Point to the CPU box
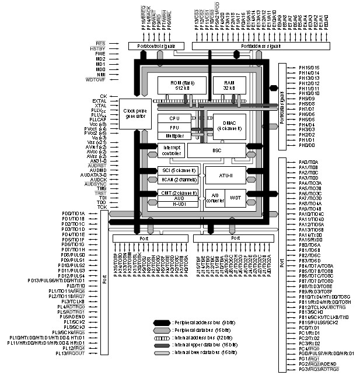coord(174,118)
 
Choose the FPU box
coord(174,127)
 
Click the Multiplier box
coord(174,135)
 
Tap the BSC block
coord(225,150)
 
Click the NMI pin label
coord(100,74)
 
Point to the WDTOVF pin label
coord(95,79)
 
